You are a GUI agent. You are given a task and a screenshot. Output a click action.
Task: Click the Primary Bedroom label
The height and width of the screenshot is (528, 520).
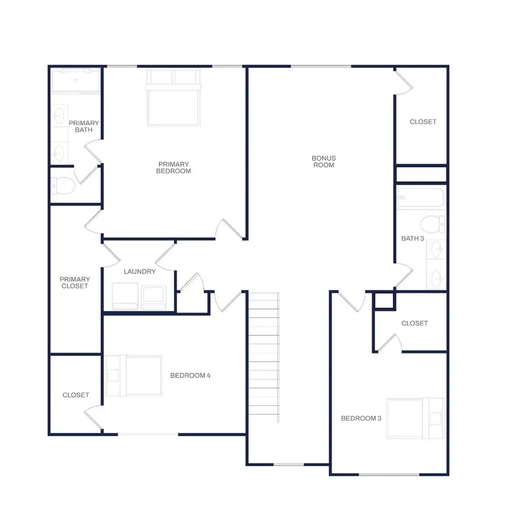point(174,167)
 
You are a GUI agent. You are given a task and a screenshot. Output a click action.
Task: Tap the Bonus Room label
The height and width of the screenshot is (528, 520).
point(324,162)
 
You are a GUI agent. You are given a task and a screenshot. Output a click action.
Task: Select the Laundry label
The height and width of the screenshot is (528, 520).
point(139,271)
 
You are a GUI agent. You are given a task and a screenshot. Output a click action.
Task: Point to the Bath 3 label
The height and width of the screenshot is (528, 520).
point(413,238)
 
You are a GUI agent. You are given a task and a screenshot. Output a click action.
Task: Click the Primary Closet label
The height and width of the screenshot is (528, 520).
point(75,283)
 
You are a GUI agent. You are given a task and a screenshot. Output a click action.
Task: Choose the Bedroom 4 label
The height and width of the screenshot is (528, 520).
point(190,376)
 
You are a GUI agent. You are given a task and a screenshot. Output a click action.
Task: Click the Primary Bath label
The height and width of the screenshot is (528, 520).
point(84,126)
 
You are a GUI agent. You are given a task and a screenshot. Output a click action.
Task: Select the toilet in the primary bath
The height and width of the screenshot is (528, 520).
point(63,185)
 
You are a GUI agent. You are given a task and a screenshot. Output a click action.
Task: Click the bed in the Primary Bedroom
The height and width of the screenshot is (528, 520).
point(174,98)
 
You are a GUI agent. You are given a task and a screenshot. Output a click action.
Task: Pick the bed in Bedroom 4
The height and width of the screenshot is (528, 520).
point(134,376)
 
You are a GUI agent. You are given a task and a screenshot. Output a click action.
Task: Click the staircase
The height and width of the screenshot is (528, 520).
point(264,358)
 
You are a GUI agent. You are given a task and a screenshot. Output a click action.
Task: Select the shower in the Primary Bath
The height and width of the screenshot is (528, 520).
point(76,81)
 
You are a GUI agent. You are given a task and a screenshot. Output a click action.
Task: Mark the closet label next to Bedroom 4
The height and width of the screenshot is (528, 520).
point(76,395)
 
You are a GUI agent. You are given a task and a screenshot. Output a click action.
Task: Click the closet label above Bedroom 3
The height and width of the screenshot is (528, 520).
point(414,323)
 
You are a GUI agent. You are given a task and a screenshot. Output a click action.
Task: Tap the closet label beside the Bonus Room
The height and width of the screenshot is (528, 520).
point(423,122)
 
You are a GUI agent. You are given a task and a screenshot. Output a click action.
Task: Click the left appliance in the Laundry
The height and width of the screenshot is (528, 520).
point(125,295)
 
